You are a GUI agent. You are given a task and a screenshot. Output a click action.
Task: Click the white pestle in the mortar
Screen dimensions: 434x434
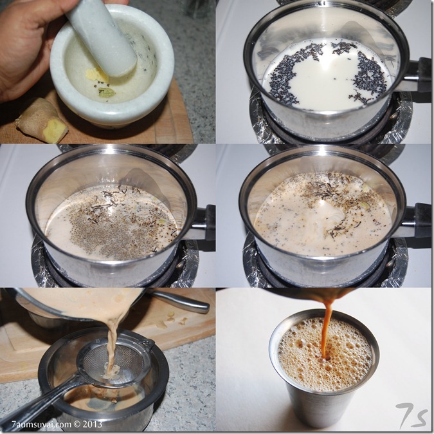coord(103,38)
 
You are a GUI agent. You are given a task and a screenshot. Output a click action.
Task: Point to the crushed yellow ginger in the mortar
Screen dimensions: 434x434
coord(93,75)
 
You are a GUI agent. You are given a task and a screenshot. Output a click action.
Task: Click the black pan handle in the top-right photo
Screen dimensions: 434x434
coord(420,75)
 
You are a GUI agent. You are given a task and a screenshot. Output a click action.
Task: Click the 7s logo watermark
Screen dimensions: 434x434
coord(411,416)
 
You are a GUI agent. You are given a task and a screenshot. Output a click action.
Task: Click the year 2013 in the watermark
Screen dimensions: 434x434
coord(91,424)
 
